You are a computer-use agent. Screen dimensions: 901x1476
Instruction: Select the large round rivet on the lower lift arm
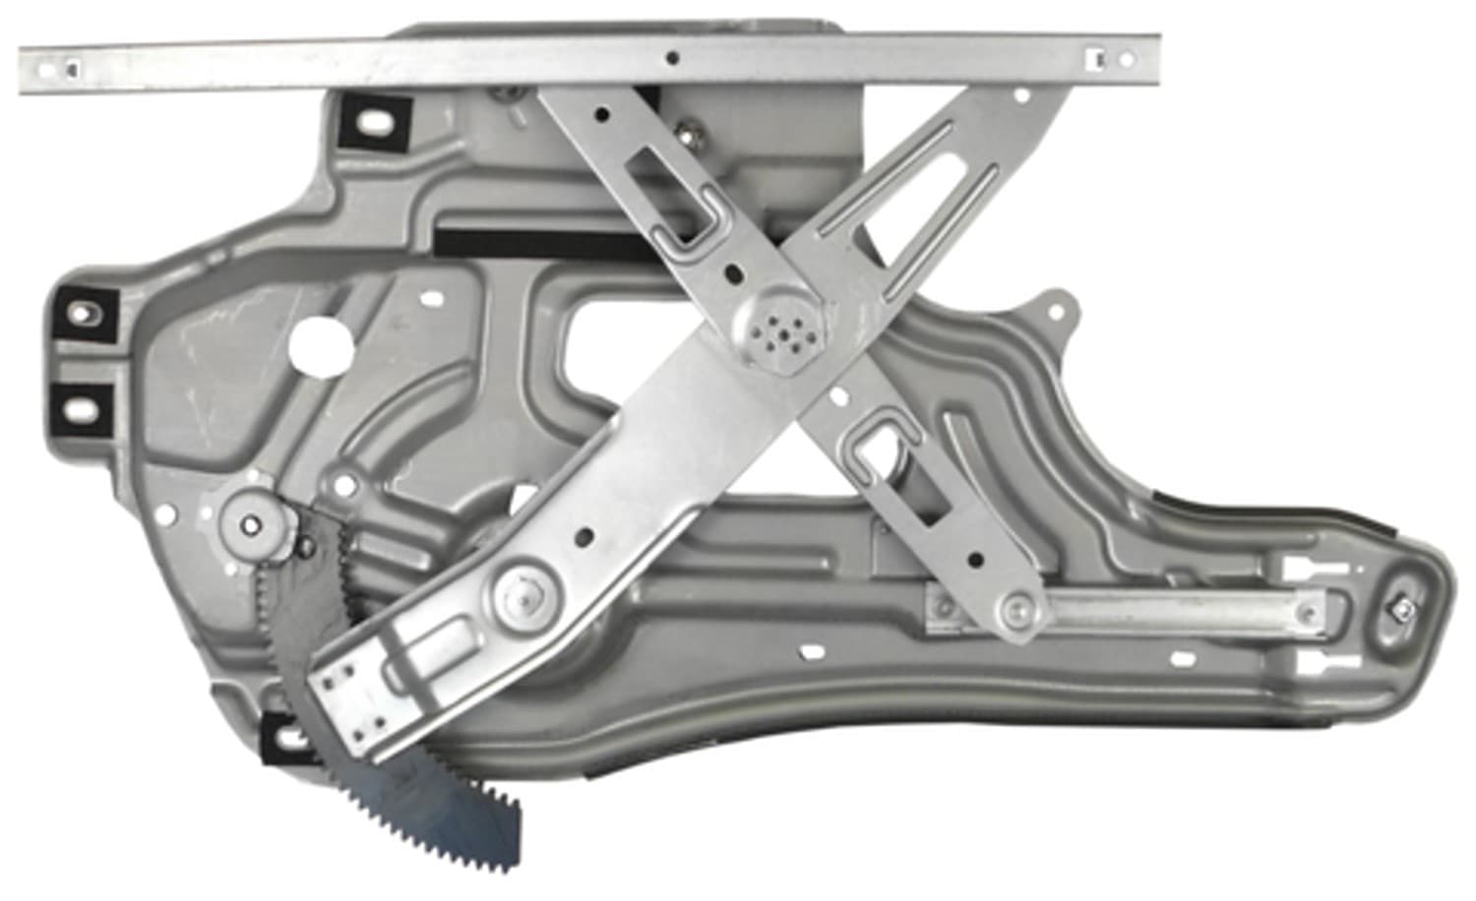click(520, 593)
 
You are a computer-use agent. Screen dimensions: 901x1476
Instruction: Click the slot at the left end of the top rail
click(71, 66)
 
